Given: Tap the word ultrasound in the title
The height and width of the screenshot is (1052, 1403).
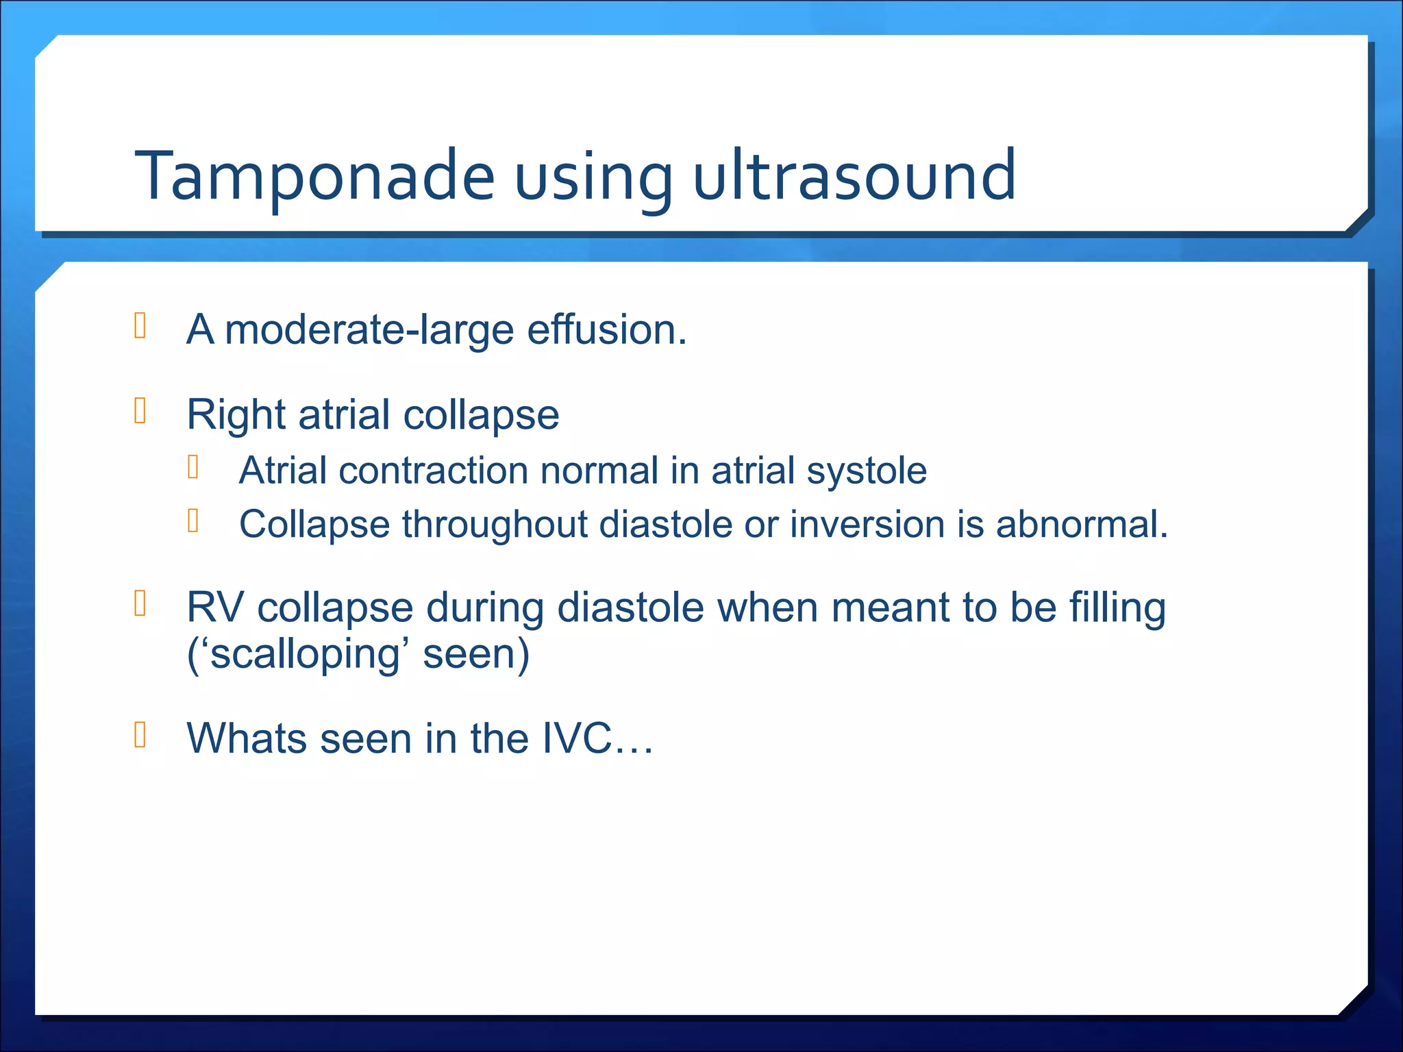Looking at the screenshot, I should tap(854, 177).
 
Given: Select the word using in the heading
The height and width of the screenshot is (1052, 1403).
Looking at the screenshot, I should tap(593, 179).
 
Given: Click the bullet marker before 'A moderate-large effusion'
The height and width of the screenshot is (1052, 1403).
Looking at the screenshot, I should tap(140, 325).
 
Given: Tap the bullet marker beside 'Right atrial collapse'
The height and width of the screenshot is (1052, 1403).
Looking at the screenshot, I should tap(140, 411).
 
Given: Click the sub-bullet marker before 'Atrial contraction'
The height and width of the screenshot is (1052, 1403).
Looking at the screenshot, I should tap(193, 467).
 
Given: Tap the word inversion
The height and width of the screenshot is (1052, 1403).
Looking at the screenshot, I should tap(867, 525).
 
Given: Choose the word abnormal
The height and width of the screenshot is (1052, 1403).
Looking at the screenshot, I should tap(1081, 525).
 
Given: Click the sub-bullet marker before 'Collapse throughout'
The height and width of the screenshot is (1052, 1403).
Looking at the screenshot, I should tap(193, 521).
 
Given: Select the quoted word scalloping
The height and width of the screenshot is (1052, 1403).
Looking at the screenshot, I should tap(303, 655).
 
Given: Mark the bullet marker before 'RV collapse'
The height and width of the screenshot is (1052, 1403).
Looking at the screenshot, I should tap(140, 603).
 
